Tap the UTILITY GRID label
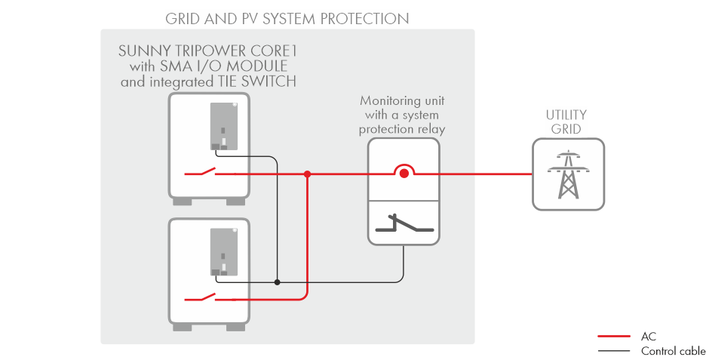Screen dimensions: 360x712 click(x=566, y=122)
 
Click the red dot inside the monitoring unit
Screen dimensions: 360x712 click(x=404, y=174)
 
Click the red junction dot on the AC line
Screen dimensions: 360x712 click(x=307, y=174)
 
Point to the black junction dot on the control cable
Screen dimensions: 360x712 click(x=278, y=282)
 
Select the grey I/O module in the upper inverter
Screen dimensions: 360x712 click(x=225, y=124)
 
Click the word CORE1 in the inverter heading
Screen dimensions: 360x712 click(x=275, y=51)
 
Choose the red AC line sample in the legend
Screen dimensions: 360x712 click(x=613, y=337)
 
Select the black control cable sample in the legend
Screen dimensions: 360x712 click(x=613, y=352)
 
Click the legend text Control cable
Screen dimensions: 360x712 click(x=673, y=352)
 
